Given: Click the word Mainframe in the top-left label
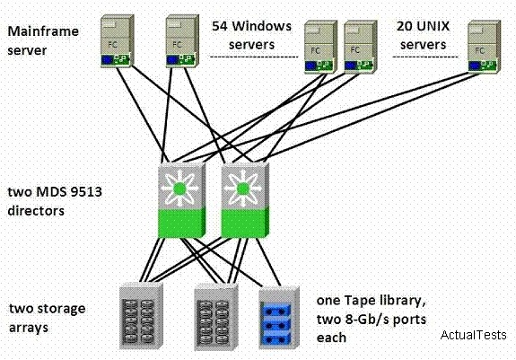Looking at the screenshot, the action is pos(43,31).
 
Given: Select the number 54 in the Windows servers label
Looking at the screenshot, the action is pos(219,26).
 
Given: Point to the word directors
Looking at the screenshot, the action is pos(36,211).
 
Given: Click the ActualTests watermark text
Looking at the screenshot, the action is pos(473,335).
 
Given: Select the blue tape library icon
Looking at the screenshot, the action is pos(279,318).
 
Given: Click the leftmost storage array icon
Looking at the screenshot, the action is pos(141,316).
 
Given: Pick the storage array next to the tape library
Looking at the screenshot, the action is pos(216,318).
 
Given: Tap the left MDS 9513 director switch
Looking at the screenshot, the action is pos(181,200).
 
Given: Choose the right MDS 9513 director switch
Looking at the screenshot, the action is pos(245,200).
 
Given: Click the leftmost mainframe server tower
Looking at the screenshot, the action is pos(117,41).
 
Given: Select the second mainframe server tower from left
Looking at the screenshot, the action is pos(182,41).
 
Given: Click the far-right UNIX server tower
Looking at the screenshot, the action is pos(484,47).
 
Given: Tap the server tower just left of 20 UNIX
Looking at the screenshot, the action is pos(361,47).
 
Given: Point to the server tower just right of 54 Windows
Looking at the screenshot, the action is pos(320,47).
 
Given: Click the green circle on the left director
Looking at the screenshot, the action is pos(179,189).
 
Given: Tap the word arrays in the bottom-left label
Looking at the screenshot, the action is pos(29,328).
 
